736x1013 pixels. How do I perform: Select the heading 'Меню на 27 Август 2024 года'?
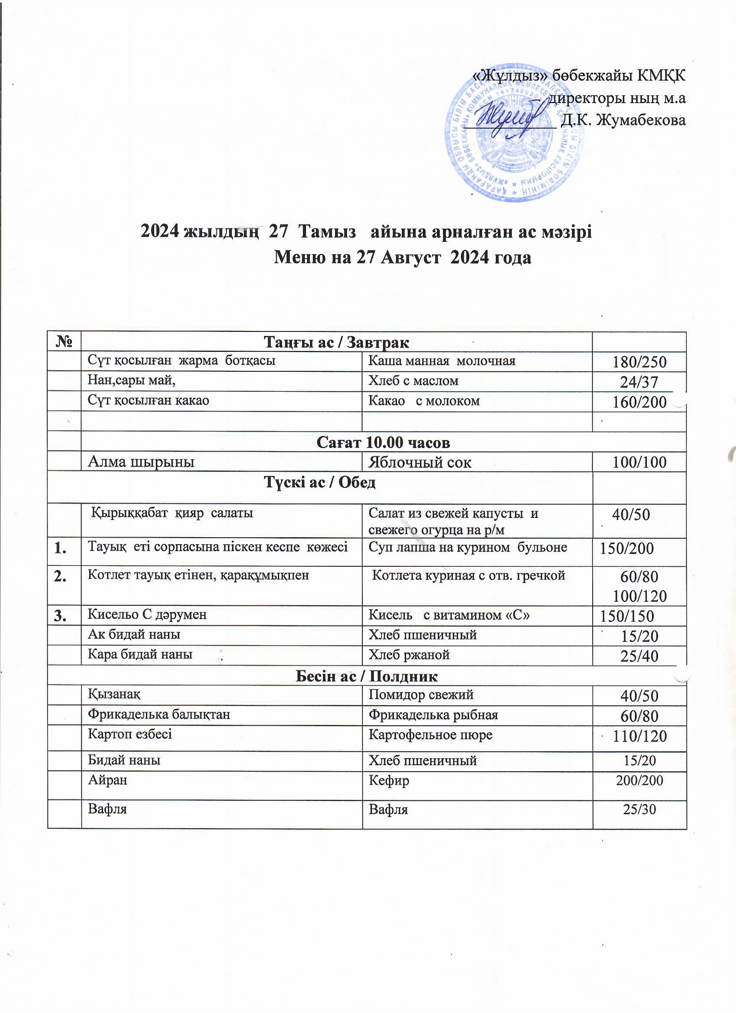[402, 258]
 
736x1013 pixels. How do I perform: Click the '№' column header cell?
[65, 342]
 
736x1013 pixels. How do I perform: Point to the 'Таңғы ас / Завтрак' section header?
[336, 343]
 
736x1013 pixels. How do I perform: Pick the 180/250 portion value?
[639, 362]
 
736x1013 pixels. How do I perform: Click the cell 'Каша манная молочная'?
[442, 361]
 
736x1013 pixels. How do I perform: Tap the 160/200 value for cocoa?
[639, 402]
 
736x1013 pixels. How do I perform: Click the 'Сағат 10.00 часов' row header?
[383, 442]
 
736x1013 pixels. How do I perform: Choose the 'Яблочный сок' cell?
[420, 462]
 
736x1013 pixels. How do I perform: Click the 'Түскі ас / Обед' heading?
[320, 482]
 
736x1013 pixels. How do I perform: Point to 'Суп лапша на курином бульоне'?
[467, 547]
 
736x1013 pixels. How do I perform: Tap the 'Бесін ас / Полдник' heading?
[366, 676]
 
